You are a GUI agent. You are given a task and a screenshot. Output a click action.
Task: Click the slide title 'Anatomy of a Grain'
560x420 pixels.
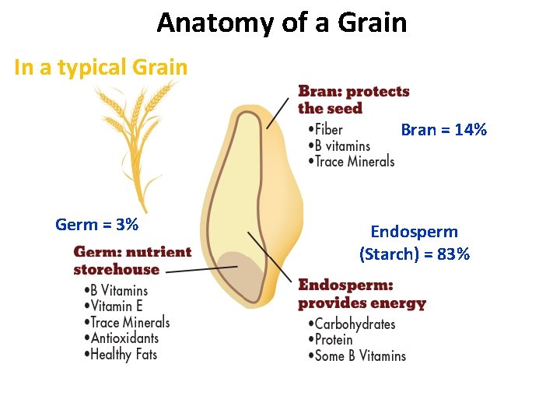pyautogui.click(x=282, y=23)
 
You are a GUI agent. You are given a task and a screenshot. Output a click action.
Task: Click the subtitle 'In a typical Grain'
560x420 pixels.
pyautogui.click(x=101, y=68)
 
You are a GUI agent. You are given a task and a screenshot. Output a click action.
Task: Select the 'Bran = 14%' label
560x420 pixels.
pyautogui.click(x=443, y=130)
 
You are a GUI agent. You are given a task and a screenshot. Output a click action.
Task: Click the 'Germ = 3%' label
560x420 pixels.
pyautogui.click(x=97, y=226)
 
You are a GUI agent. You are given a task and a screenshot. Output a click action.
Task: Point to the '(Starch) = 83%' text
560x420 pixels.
pyautogui.click(x=415, y=254)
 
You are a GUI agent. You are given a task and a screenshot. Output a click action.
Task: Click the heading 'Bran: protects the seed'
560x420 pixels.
pyautogui.click(x=353, y=100)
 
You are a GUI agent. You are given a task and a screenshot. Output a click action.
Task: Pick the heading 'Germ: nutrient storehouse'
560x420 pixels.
pyautogui.click(x=132, y=261)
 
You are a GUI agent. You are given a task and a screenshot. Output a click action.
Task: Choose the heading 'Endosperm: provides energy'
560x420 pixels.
pyautogui.click(x=362, y=294)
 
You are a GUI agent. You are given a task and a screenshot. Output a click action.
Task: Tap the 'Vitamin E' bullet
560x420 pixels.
pyautogui.click(x=117, y=306)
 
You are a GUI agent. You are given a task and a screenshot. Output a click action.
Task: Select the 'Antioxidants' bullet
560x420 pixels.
pyautogui.click(x=124, y=338)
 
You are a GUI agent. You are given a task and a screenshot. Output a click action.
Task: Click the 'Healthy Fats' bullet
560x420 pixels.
pyautogui.click(x=124, y=355)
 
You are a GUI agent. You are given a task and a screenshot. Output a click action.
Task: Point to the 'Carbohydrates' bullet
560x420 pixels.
pyautogui.click(x=355, y=324)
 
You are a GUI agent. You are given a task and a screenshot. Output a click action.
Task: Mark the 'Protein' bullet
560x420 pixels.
pyautogui.click(x=334, y=340)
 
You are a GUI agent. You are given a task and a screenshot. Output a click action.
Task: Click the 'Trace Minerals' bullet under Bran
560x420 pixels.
pyautogui.click(x=355, y=162)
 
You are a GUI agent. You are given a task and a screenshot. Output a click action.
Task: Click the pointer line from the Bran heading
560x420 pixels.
pyautogui.click(x=282, y=113)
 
